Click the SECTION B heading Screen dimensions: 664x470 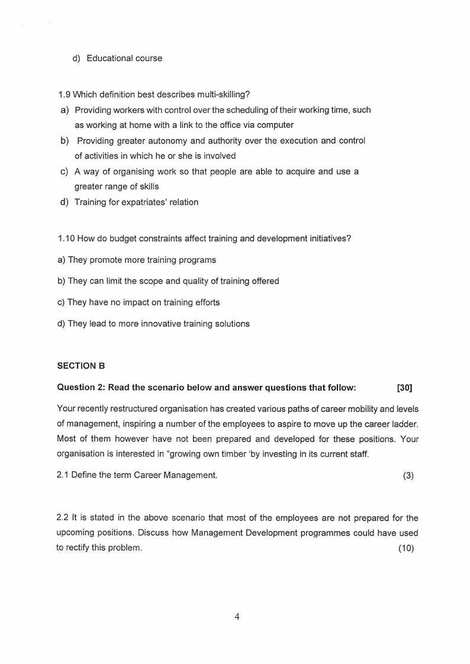[81, 366]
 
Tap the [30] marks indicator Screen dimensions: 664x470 [404, 388]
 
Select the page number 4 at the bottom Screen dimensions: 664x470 [237, 617]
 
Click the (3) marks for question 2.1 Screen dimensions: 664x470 [408, 475]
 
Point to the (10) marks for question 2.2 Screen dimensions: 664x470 [406, 547]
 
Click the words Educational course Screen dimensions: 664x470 [124, 58]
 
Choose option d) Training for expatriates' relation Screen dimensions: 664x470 [136, 202]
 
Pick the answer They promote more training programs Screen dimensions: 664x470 [141, 260]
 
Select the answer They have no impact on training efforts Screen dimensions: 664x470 [143, 302]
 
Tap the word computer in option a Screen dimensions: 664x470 [275, 125]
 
